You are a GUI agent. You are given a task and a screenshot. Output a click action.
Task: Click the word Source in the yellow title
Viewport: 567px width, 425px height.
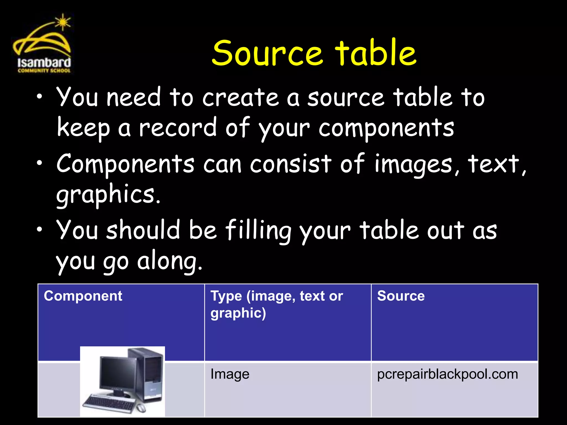[267, 53]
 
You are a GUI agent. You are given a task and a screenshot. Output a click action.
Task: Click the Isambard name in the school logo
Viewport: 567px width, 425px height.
[44, 63]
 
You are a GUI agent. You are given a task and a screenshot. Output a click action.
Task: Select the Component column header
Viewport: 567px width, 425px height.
[83, 296]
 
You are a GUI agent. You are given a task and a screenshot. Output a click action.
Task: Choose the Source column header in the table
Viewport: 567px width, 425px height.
[401, 296]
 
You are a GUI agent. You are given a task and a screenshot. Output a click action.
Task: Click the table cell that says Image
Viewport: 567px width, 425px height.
[230, 374]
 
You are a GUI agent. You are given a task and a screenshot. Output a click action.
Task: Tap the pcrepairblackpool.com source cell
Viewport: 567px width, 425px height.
[447, 374]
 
